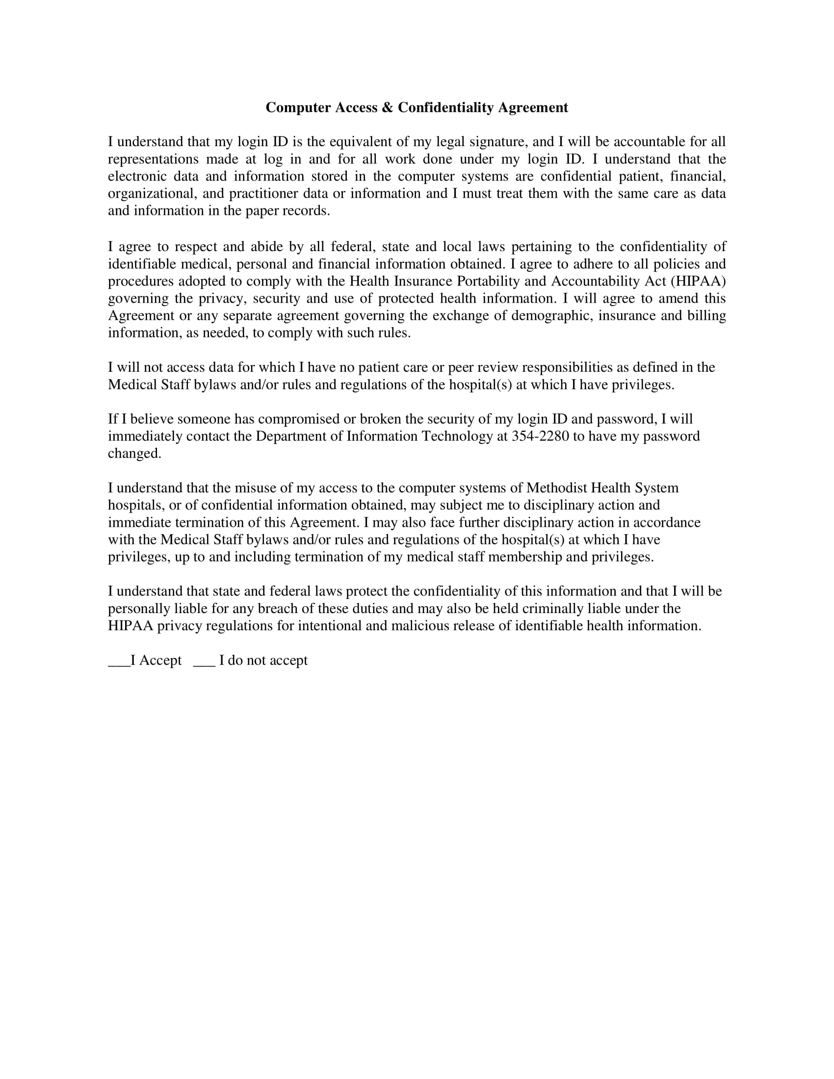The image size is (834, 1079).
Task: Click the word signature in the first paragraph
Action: coord(498,142)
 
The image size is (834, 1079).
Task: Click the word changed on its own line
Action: coord(134,454)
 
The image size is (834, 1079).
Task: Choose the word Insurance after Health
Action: coord(423,281)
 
